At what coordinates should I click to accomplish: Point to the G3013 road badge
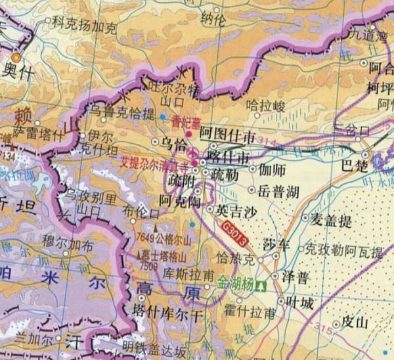click(233, 231)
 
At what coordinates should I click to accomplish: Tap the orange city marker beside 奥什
click(16, 57)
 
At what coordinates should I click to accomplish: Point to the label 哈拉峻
click(265, 104)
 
